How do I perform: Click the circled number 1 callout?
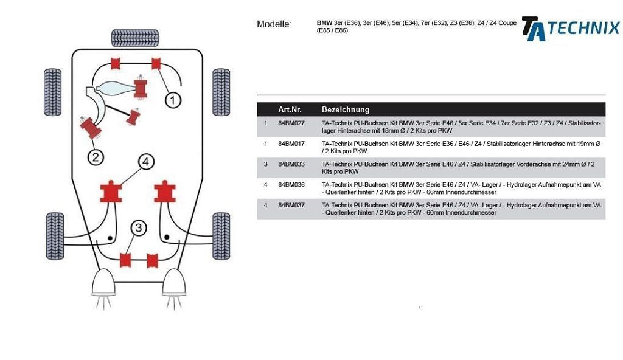click(x=173, y=100)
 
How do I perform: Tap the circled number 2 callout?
click(x=96, y=157)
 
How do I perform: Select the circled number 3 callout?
click(x=139, y=228)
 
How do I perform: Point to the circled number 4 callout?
click(x=145, y=162)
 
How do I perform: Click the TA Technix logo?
click(x=570, y=29)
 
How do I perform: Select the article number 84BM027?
click(x=291, y=123)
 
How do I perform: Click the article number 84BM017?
click(x=291, y=144)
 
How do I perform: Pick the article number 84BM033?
click(x=291, y=164)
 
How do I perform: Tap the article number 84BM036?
click(x=291, y=185)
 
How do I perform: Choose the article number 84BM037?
click(x=291, y=206)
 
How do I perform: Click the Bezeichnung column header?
click(x=345, y=109)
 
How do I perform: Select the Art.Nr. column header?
click(x=290, y=109)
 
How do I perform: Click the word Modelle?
click(x=274, y=24)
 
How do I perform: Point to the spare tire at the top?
click(x=134, y=38)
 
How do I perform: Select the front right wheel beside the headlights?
click(x=220, y=236)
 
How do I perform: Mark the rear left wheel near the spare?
click(x=53, y=92)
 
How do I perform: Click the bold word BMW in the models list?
click(x=324, y=23)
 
